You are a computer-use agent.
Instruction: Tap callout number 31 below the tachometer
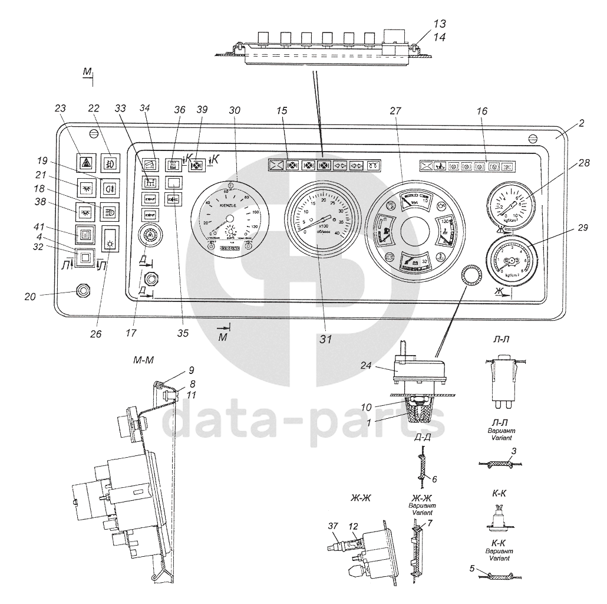[x=326, y=339]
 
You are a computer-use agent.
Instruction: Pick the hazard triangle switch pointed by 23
[x=87, y=162]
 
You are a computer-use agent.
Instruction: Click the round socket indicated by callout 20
[x=82, y=290]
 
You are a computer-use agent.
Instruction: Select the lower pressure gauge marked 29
[x=510, y=259]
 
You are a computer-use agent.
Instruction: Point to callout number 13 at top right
[x=439, y=24]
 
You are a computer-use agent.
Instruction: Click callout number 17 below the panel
[x=131, y=333]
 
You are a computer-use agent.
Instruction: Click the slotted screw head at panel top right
[x=532, y=138]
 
